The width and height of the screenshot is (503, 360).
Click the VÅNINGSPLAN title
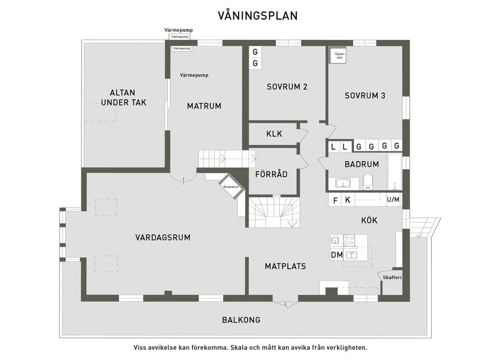click(258, 15)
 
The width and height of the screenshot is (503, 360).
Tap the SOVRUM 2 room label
click(287, 86)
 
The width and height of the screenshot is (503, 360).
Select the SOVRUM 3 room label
click(365, 95)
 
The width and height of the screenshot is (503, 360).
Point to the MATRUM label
click(204, 106)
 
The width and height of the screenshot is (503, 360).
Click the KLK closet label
click(274, 134)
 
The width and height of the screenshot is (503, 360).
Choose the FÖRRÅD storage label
click(271, 174)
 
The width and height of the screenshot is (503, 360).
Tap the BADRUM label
click(362, 164)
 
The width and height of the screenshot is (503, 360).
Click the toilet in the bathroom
click(367, 182)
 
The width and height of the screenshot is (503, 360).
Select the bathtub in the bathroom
click(394, 172)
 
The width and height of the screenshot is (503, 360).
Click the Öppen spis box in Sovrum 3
click(339, 55)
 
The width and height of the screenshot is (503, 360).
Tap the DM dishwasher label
click(337, 255)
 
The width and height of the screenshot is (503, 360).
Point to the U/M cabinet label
click(393, 199)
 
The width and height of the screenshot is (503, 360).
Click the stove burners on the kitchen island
click(349, 240)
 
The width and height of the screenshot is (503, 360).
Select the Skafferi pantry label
click(392, 277)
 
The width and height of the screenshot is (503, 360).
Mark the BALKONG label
click(241, 320)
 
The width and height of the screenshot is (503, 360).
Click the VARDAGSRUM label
click(163, 237)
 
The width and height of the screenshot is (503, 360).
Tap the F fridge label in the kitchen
click(335, 200)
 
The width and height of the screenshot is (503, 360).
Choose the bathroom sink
click(343, 183)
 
